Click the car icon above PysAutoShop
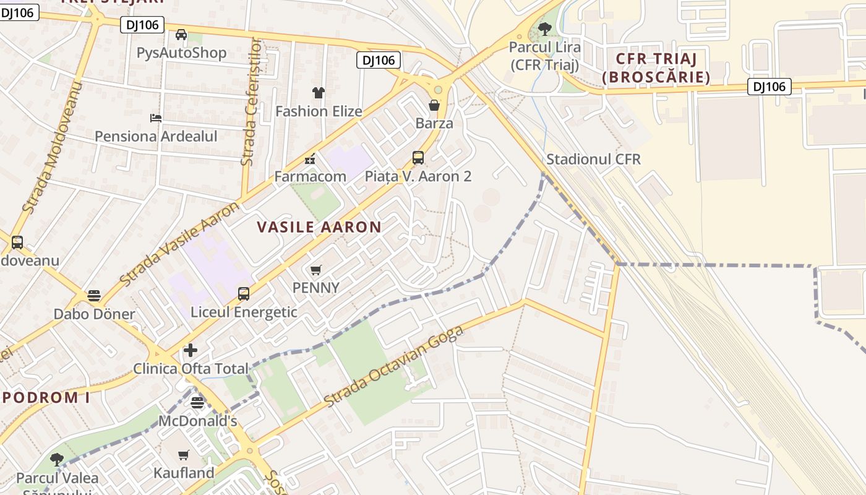tap(181, 35)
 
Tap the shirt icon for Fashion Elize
tap(319, 93)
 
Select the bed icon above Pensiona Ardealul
tap(156, 118)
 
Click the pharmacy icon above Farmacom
tap(310, 158)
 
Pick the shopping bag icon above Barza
tap(434, 105)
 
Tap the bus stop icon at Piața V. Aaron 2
tap(418, 158)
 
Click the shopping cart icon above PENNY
tap(316, 270)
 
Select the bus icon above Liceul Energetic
tap(244, 294)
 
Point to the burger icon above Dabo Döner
tap(94, 296)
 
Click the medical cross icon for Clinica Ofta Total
tap(191, 350)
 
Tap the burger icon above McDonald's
tap(197, 403)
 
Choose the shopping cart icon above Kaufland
tap(184, 455)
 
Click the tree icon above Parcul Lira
tap(545, 28)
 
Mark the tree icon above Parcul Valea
tap(57, 460)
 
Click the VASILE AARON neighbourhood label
tap(319, 227)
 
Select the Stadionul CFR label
tap(593, 159)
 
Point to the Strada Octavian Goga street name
tap(393, 366)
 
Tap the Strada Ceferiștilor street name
tap(250, 102)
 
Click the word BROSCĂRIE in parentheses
tap(656, 77)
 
